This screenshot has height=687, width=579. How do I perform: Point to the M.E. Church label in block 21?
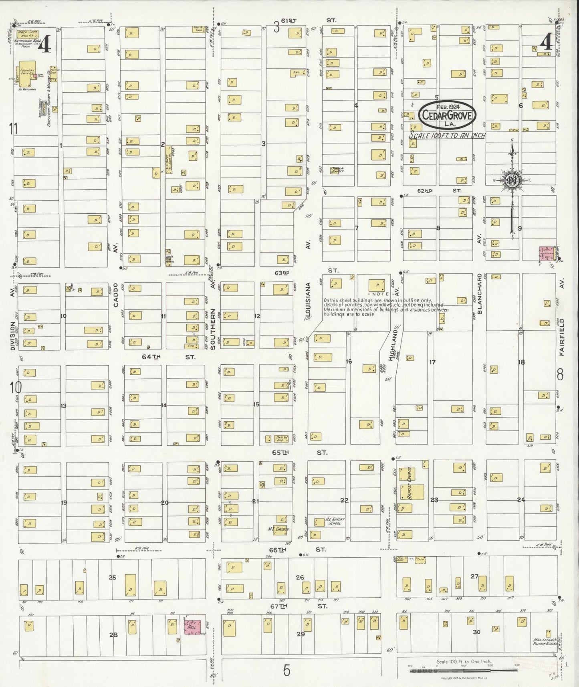278,529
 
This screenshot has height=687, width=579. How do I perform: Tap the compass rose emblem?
512,180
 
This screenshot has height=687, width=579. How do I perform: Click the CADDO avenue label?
116,295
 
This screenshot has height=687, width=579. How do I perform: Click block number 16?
349,362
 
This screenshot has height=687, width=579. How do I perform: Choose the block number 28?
113,634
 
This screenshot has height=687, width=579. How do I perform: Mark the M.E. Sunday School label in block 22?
334,521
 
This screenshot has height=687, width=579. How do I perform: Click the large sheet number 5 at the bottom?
286,670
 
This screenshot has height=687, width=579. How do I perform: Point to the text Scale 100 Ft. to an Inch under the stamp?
447,135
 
